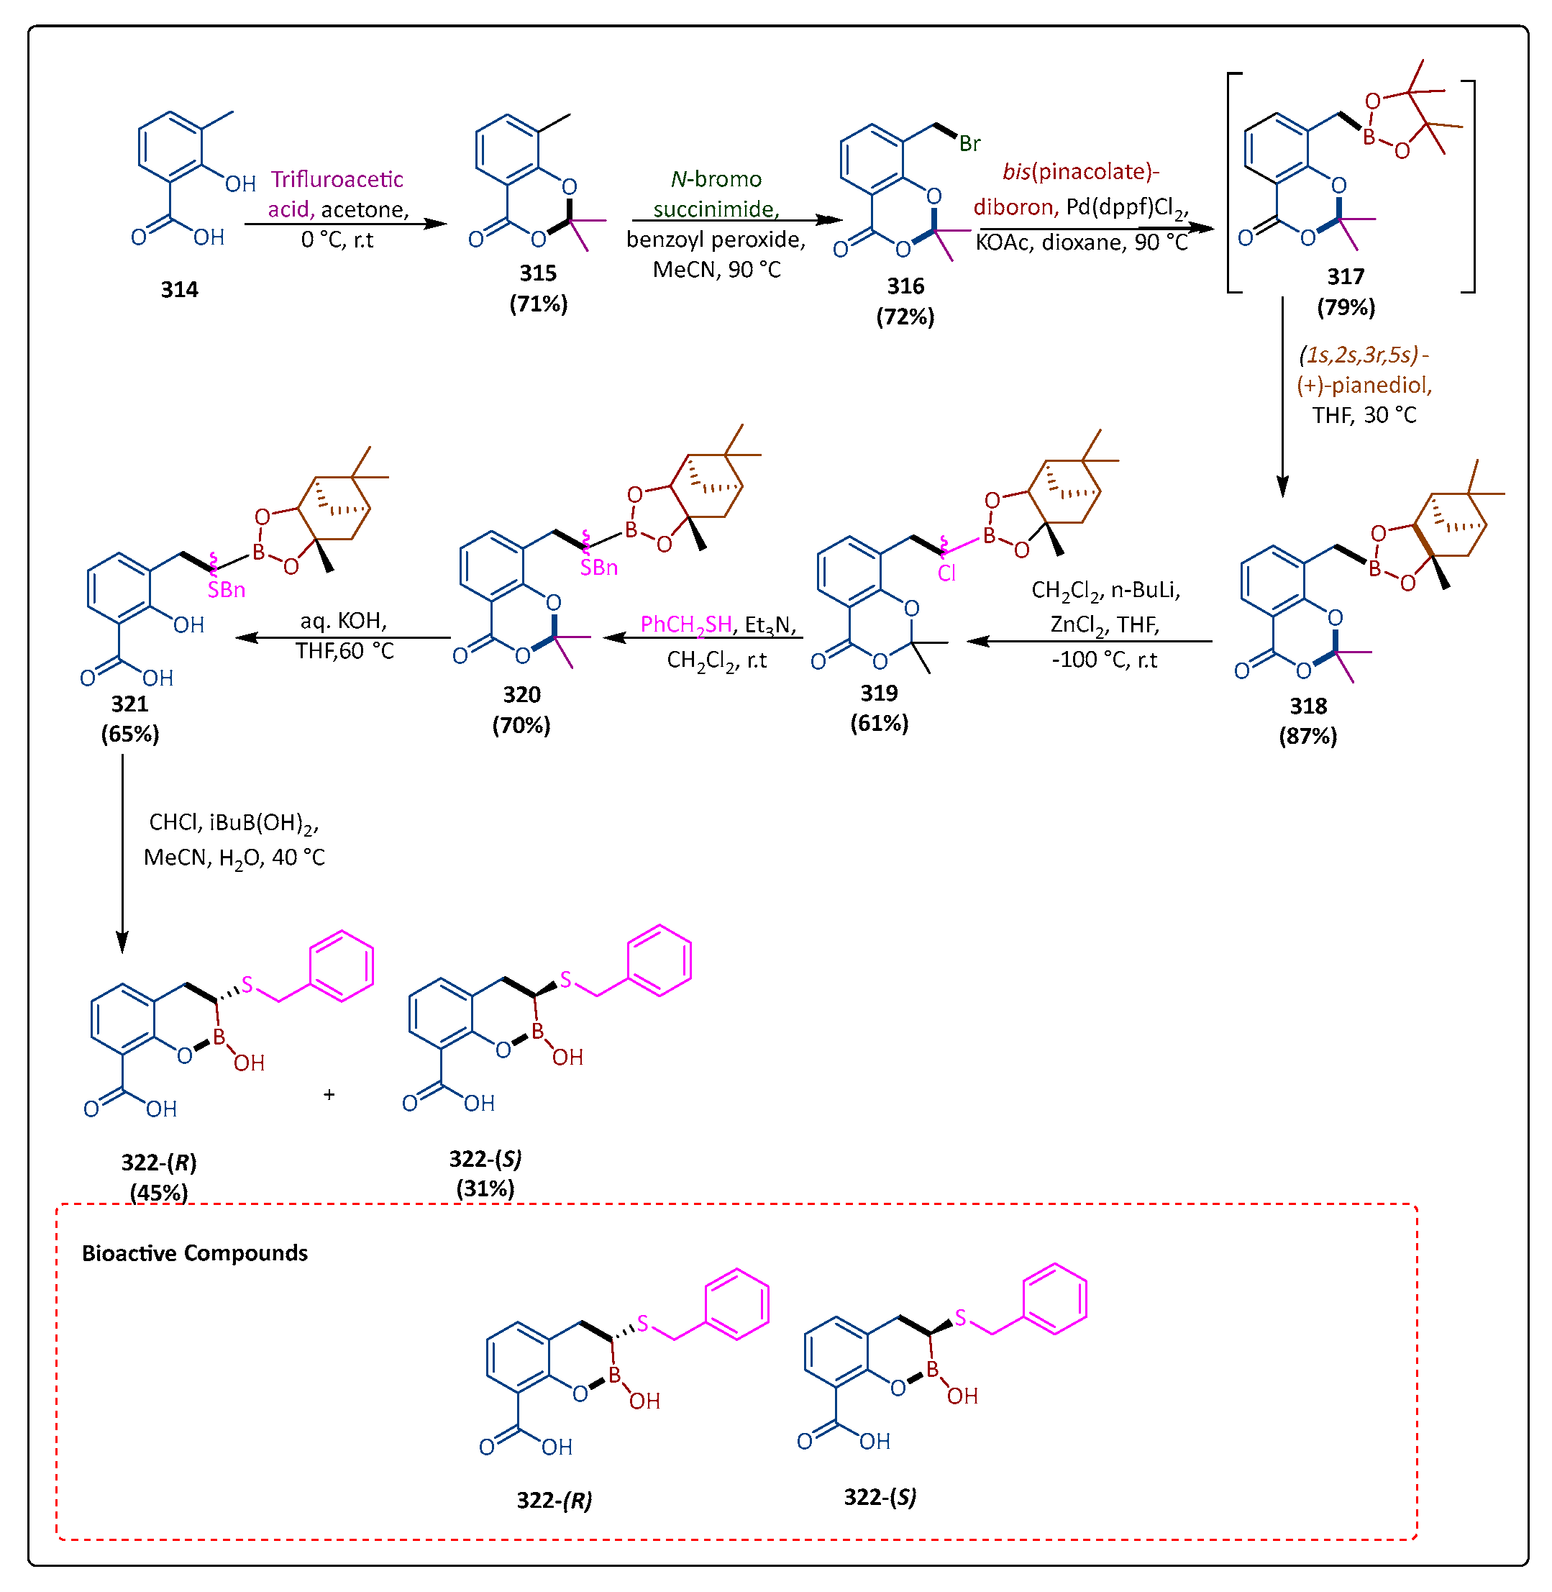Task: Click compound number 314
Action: click(x=178, y=289)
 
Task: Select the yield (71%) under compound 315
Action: click(x=538, y=304)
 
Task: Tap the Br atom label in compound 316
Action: click(x=969, y=145)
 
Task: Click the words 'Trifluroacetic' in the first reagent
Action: click(x=337, y=179)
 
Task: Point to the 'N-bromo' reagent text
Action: click(x=716, y=179)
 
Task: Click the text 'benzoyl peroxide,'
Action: click(x=716, y=240)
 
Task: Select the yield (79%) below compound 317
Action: click(x=1346, y=307)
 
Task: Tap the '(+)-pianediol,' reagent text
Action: click(x=1364, y=385)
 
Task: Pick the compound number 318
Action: click(x=1307, y=706)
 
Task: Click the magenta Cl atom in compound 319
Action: click(x=946, y=573)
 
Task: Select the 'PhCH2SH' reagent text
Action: click(x=685, y=625)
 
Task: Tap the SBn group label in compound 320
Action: click(x=598, y=568)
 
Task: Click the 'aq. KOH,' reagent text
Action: click(x=343, y=621)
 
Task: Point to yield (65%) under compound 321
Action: click(x=129, y=734)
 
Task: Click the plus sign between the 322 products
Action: click(x=329, y=1095)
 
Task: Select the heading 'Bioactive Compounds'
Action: click(x=195, y=1253)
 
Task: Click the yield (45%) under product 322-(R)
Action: click(x=158, y=1193)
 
